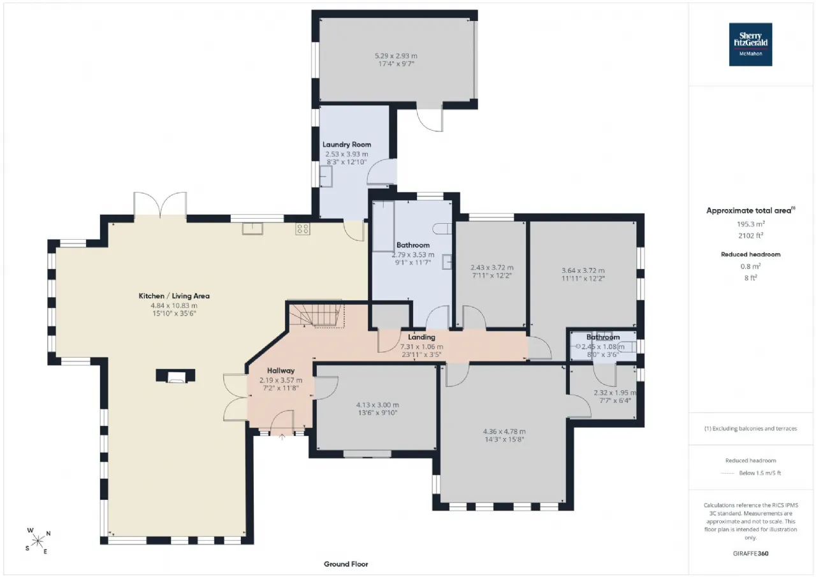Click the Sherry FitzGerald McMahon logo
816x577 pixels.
(x=750, y=45)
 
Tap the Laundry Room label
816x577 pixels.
(x=347, y=145)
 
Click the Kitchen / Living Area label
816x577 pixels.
(x=174, y=296)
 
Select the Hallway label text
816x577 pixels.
(x=280, y=370)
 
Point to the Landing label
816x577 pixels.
(x=421, y=337)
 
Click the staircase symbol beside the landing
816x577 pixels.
(x=317, y=316)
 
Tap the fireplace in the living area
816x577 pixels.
(x=175, y=376)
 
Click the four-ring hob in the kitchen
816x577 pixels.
(x=303, y=229)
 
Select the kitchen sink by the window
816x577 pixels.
(x=252, y=229)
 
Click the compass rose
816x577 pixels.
(x=38, y=541)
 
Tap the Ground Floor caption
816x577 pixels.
(x=346, y=564)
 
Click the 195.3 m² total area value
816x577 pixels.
(x=750, y=224)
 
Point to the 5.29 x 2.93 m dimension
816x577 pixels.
(x=396, y=55)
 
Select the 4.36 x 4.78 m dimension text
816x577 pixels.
(x=504, y=431)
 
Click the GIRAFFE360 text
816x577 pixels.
(x=750, y=553)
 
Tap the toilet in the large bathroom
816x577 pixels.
(x=442, y=228)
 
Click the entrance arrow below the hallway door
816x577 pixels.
(x=282, y=437)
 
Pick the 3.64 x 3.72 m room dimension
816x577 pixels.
(x=583, y=270)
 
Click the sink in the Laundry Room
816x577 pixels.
(x=326, y=177)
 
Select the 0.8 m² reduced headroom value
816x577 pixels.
(x=750, y=266)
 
